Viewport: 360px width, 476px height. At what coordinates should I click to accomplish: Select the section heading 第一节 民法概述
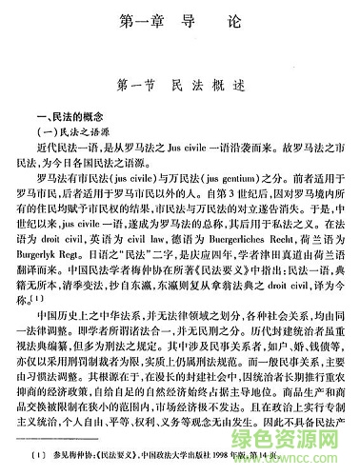[x=180, y=84]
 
